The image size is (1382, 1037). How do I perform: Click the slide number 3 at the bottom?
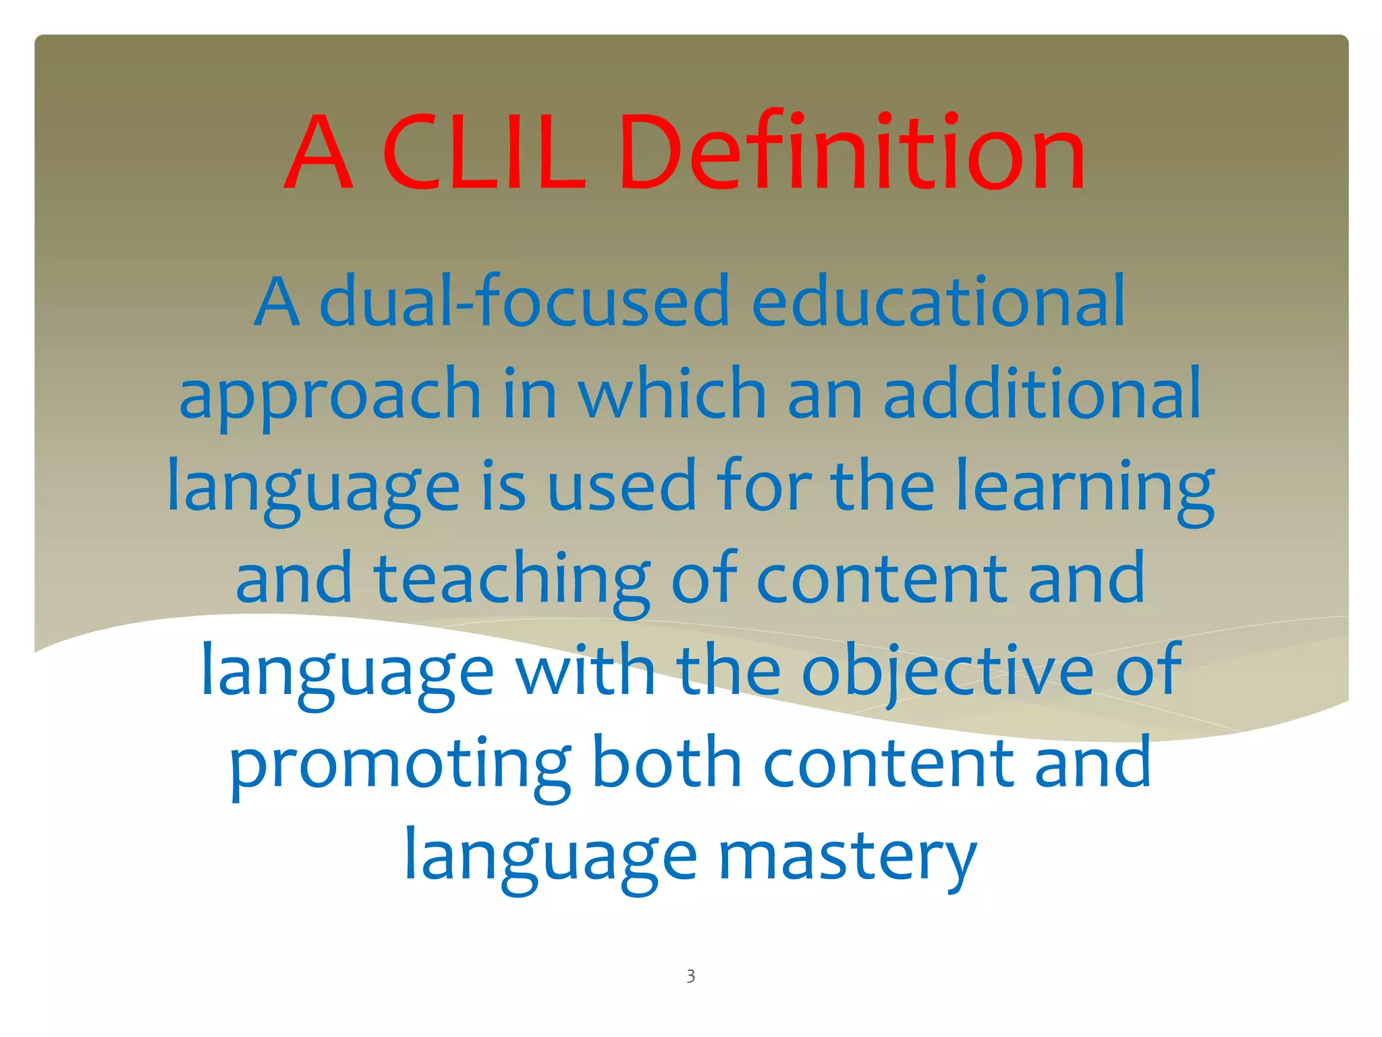coord(690,976)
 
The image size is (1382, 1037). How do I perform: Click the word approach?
coord(330,396)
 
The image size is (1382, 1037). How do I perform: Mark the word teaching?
coord(512,579)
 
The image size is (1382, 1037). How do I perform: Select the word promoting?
coord(400,764)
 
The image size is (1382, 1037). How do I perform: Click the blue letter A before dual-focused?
coord(277,302)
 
